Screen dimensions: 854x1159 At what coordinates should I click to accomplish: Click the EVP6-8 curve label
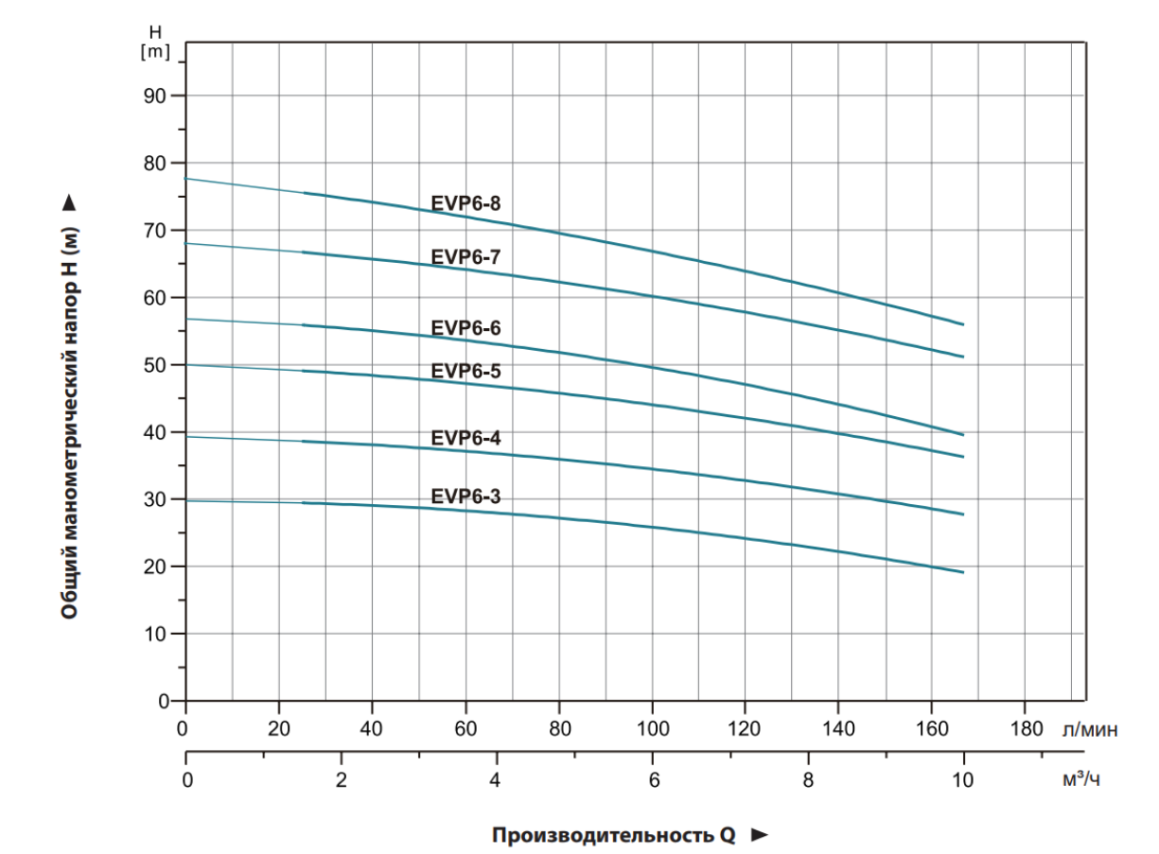click(x=465, y=202)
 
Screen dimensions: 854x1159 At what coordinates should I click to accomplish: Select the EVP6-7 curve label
click(x=465, y=255)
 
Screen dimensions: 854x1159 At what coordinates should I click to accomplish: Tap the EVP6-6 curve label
click(x=465, y=328)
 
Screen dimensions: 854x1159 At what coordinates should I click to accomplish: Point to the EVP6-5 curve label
click(x=465, y=371)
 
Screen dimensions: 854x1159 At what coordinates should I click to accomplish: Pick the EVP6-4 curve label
click(x=465, y=438)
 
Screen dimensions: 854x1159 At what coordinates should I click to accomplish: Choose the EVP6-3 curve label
click(x=465, y=496)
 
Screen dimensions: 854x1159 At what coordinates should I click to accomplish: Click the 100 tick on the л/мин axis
click(x=652, y=729)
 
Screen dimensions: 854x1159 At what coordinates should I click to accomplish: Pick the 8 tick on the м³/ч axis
click(x=808, y=780)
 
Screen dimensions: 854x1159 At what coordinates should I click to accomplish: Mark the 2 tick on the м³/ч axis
click(x=342, y=780)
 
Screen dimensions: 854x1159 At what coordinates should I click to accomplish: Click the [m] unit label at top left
click(x=155, y=52)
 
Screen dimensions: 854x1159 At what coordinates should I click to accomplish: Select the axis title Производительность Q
click(x=613, y=835)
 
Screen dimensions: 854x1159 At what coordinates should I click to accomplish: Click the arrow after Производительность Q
click(x=758, y=835)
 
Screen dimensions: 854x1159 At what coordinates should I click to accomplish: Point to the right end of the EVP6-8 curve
click(x=962, y=324)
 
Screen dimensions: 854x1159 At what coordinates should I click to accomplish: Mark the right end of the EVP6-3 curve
click(x=962, y=572)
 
